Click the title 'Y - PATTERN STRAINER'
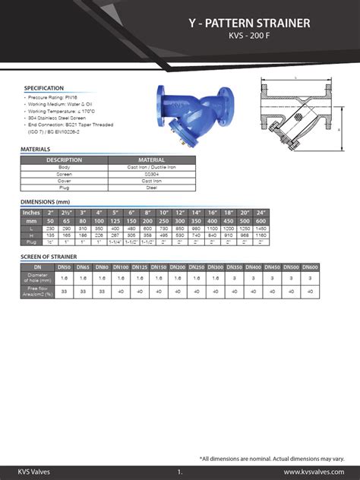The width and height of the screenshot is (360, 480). [x=249, y=24]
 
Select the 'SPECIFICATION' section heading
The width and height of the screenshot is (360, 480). [x=44, y=88]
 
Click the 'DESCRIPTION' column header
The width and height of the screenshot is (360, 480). [x=65, y=159]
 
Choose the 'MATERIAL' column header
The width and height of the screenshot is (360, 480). [x=152, y=159]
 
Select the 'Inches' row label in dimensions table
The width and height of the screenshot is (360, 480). [x=32, y=213]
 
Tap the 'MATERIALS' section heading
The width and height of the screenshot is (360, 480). [x=36, y=149]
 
